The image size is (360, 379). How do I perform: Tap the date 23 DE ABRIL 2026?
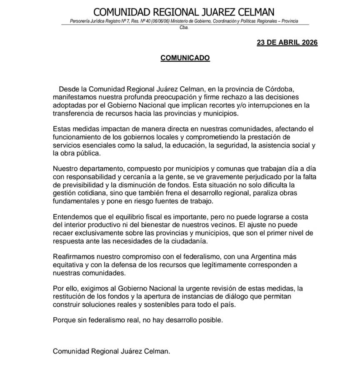[x=287, y=43]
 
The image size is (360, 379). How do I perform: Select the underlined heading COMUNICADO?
[x=185, y=58]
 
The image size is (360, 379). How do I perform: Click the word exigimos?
[x=91, y=289]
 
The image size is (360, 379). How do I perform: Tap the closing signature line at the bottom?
[x=112, y=351]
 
